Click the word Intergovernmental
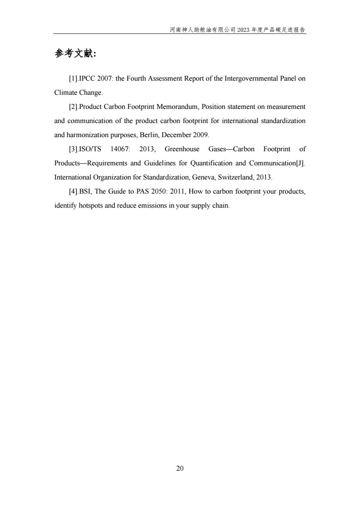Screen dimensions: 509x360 (x=236, y=79)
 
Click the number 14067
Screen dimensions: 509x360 (x=119, y=149)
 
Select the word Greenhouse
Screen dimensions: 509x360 (x=182, y=149)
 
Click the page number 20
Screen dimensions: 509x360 (x=180, y=468)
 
